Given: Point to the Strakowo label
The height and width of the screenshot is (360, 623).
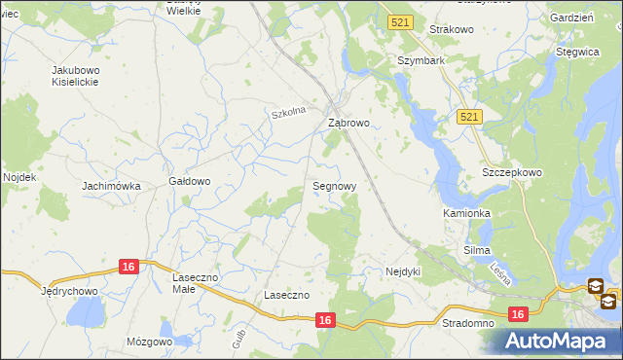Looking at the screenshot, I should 450,30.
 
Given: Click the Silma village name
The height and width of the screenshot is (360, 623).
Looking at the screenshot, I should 477,250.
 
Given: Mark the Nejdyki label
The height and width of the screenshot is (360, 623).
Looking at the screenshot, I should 402,271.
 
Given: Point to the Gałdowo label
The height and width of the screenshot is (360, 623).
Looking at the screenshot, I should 190,181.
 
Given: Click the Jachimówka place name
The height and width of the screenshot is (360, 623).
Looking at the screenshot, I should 112,186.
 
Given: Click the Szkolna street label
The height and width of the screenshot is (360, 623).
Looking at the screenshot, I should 288,113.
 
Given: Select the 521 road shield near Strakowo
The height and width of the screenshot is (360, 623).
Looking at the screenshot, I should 398,21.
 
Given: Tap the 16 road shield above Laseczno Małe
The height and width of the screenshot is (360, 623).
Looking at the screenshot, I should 129,266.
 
